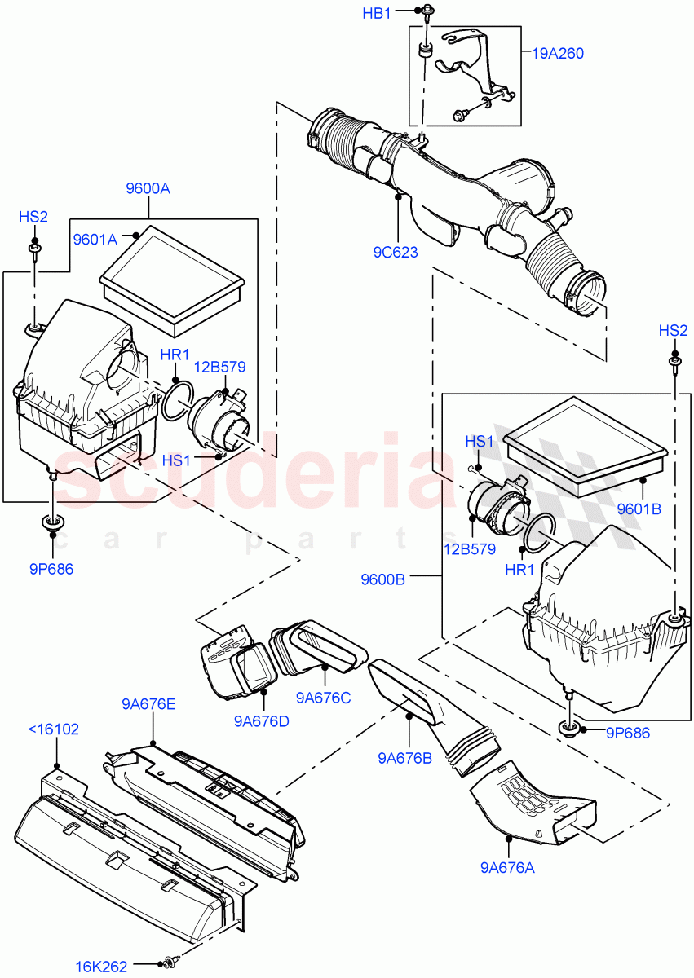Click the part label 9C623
396,252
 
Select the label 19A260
559,54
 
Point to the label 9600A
148,188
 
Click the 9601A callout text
95,240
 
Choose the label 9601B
639,509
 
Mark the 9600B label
383,579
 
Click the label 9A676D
261,720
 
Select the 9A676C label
323,697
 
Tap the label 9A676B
405,758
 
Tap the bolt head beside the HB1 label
426,11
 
